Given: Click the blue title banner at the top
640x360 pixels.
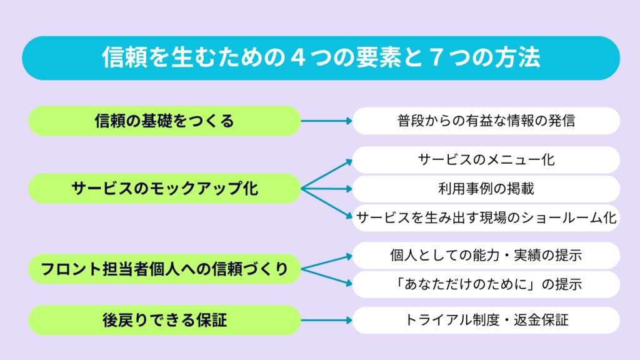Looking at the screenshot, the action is click(x=321, y=58).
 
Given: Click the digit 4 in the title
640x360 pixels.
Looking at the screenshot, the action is click(x=299, y=57).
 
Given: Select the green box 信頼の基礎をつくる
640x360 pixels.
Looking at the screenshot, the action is click(x=164, y=121).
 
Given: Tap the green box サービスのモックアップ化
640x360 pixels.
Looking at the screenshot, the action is click(x=164, y=189).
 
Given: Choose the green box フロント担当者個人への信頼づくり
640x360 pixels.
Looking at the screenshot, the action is click(x=164, y=269).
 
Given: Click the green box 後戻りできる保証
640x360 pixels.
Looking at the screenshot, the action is click(x=164, y=321).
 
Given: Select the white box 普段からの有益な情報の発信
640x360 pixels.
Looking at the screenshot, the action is click(x=486, y=121).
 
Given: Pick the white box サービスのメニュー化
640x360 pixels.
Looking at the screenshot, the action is click(x=486, y=159).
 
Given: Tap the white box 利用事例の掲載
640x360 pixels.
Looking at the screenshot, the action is click(x=486, y=189).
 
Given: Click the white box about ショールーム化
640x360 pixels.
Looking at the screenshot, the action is click(x=486, y=218).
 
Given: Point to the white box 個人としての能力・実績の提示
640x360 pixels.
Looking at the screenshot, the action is click(x=486, y=256).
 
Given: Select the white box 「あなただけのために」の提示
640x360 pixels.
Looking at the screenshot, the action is click(x=486, y=284).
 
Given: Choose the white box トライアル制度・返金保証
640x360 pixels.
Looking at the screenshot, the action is click(x=486, y=321).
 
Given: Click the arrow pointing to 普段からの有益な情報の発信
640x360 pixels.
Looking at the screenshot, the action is click(x=326, y=121).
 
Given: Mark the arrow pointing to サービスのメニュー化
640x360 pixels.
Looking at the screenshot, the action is click(x=326, y=175).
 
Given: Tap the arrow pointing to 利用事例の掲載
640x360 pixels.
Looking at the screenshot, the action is click(x=326, y=189).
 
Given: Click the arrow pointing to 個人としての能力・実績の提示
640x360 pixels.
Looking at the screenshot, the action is click(x=326, y=262).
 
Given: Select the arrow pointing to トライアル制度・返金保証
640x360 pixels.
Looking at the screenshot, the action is click(x=326, y=321).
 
